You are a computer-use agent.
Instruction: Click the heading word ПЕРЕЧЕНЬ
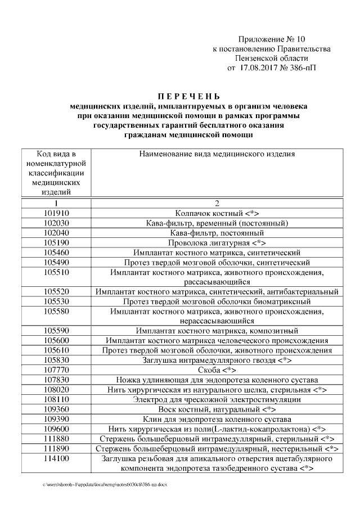pos(181,96)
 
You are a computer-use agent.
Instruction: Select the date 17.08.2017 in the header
pos(263,69)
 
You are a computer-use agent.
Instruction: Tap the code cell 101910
pos(55,214)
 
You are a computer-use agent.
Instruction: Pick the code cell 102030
pos(55,223)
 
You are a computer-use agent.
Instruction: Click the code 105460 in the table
pos(55,253)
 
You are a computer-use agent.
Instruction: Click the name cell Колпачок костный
pos(216,214)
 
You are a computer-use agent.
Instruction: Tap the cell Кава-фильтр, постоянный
pos(216,233)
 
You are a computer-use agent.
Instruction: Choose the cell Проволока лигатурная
pos(216,243)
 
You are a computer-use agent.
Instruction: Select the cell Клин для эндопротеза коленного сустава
pos(216,419)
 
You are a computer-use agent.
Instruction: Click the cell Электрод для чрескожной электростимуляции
pos(216,399)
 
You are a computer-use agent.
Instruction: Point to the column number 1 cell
pos(55,204)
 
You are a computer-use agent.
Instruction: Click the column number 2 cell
pos(216,204)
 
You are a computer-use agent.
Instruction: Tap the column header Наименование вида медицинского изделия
pos(216,154)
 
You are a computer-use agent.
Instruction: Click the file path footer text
pos(105,484)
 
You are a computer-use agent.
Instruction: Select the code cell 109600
pos(55,429)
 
